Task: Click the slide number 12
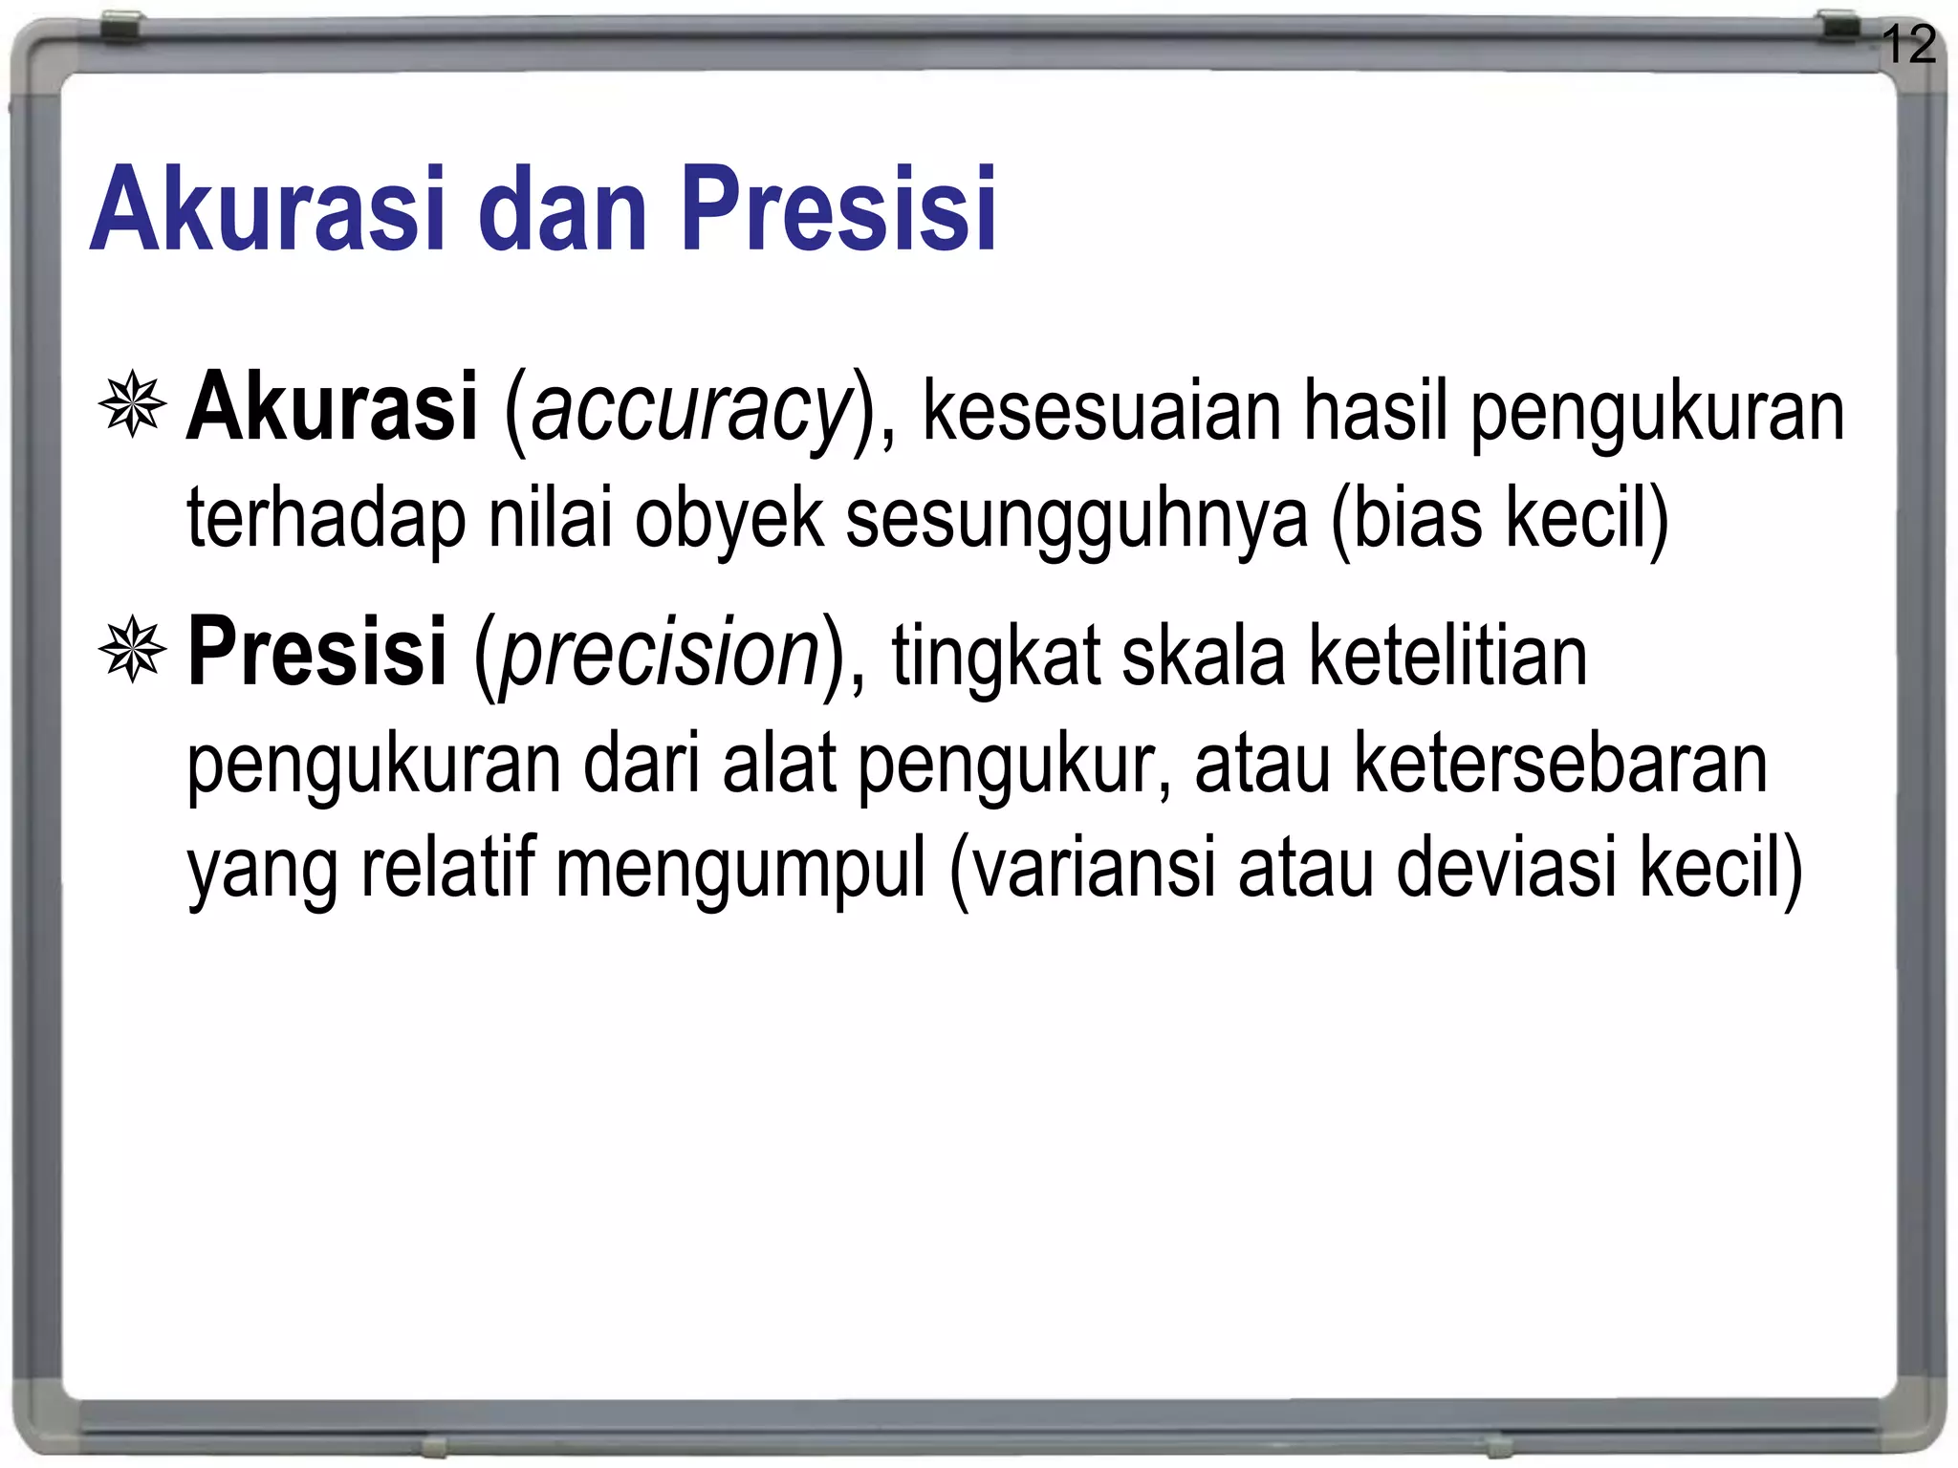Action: point(1909,45)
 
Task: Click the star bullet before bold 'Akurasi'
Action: point(132,405)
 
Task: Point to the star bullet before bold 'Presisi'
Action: point(132,650)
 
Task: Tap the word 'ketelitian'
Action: point(1447,656)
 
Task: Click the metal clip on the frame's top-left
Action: point(121,27)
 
